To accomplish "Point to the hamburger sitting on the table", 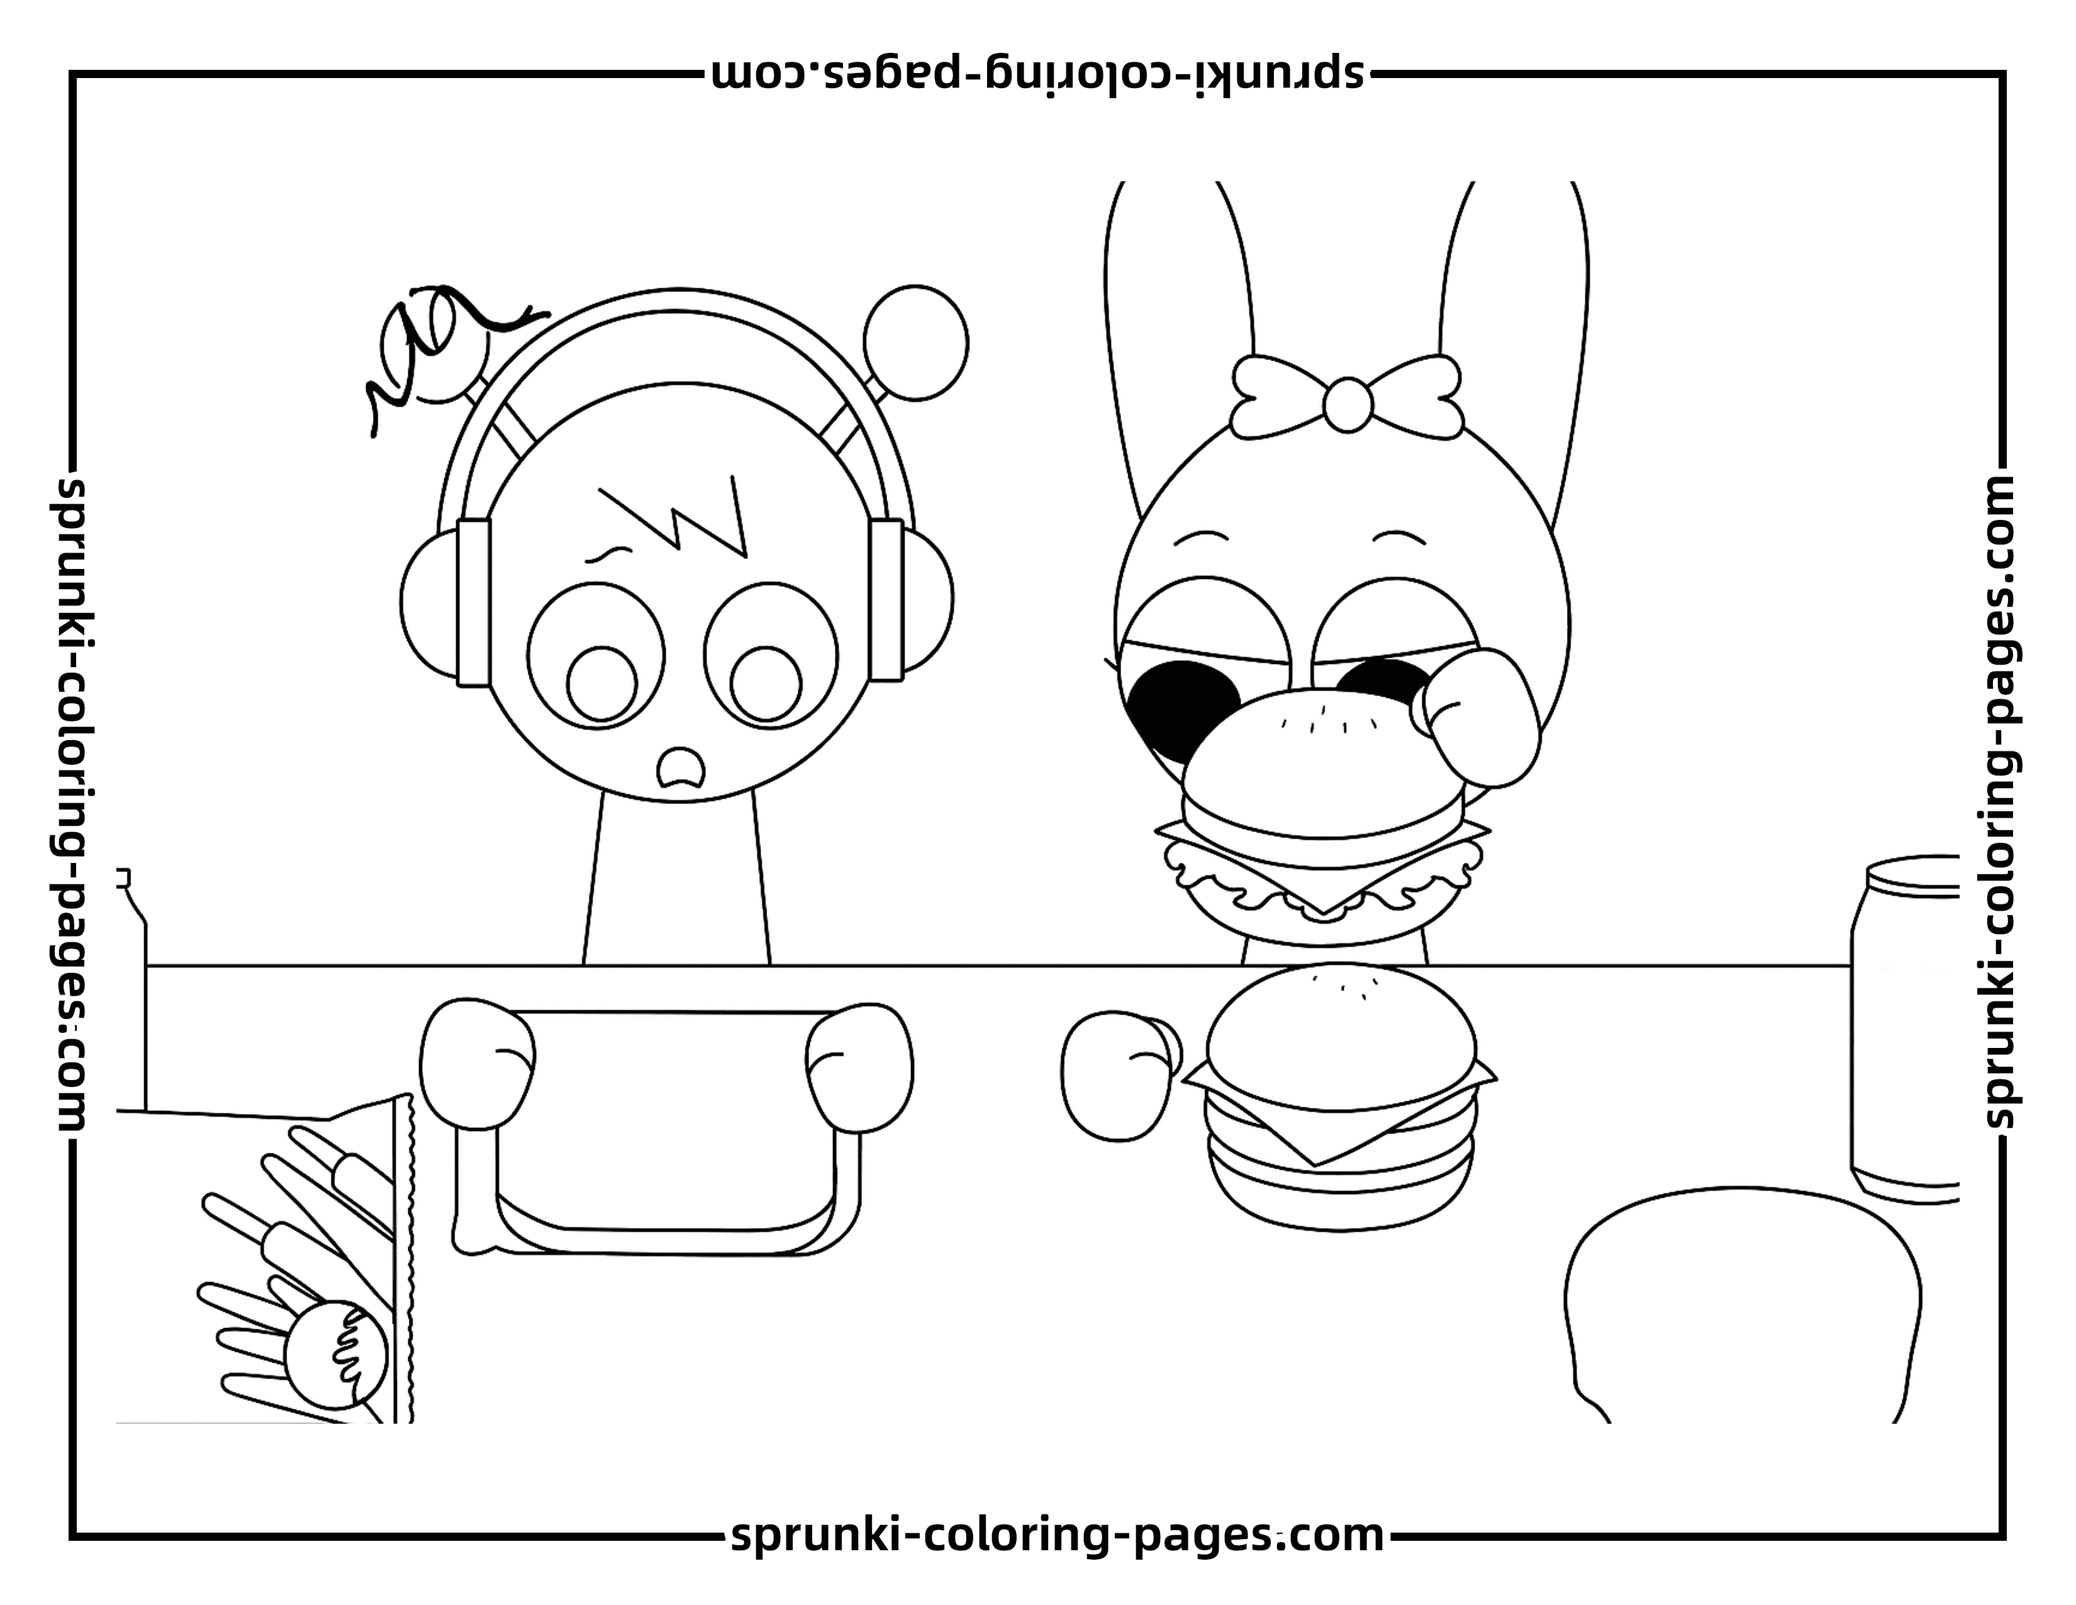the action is [x=1339, y=1098].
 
